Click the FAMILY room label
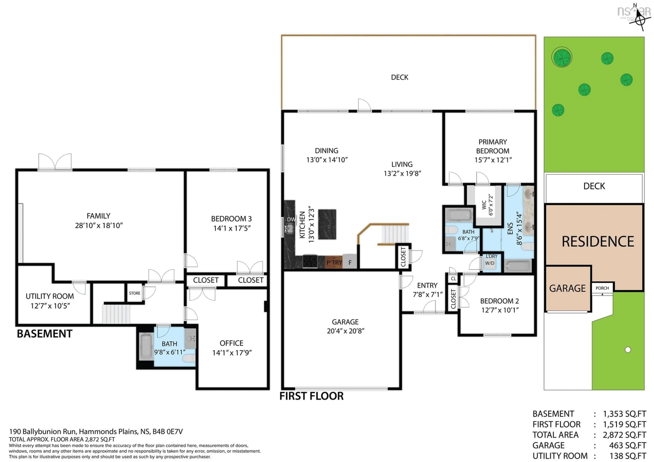[x=98, y=216]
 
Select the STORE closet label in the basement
[x=134, y=293]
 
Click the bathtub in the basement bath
[x=146, y=347]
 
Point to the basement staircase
[x=116, y=314]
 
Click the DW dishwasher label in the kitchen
[x=291, y=219]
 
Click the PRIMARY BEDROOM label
[x=493, y=146]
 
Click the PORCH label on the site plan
[x=602, y=288]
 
